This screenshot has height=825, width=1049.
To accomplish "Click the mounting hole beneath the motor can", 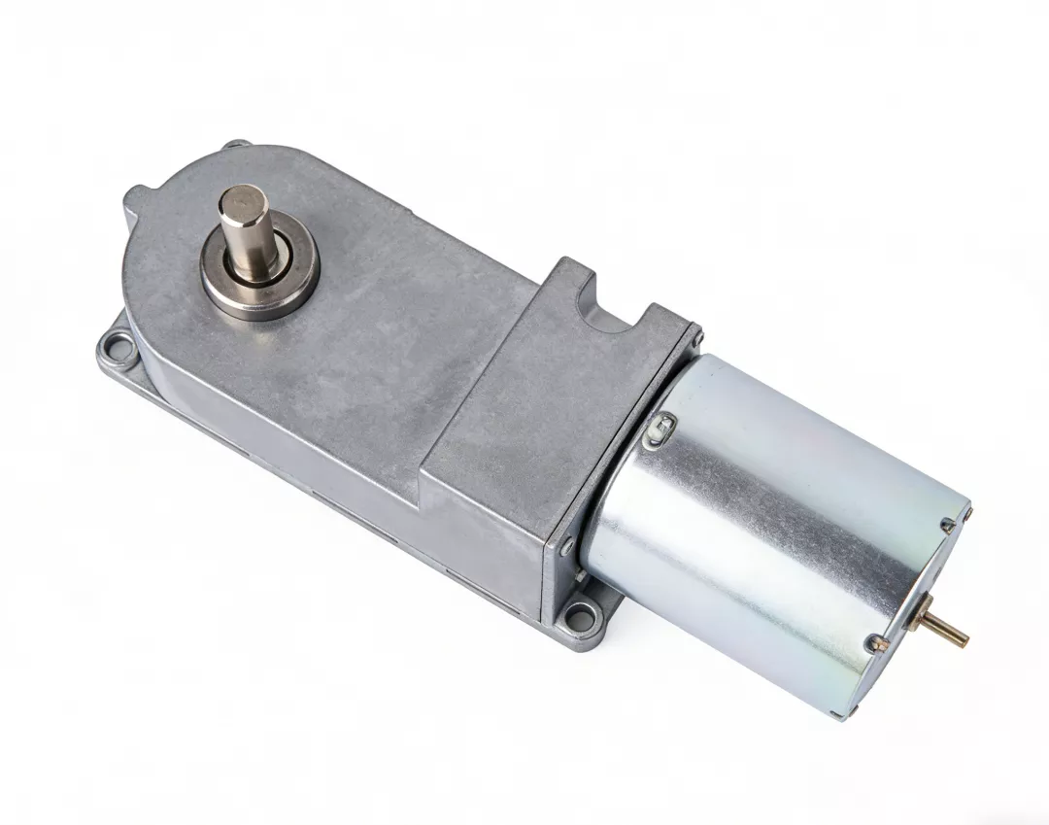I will pyautogui.click(x=584, y=613).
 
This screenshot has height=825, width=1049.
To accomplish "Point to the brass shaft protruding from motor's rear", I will pyautogui.click(x=953, y=631).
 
